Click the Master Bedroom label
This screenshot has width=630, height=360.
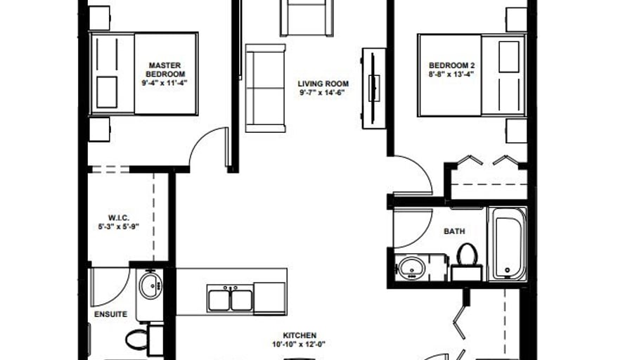(x=165, y=70)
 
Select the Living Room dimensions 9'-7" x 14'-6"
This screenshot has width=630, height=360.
(x=322, y=93)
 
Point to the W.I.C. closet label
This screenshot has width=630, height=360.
(x=119, y=218)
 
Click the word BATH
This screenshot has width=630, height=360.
(x=454, y=231)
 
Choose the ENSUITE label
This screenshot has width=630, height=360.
(x=110, y=314)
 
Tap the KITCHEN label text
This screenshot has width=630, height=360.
(x=300, y=335)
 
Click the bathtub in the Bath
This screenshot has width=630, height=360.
(x=507, y=244)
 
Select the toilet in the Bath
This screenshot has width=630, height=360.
(x=467, y=261)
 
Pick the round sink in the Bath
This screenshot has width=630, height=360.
(x=411, y=267)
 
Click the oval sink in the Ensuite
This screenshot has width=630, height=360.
(x=150, y=285)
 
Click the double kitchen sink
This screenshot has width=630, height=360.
(x=230, y=298)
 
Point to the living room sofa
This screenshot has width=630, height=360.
(x=265, y=88)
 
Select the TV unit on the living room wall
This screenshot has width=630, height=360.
(x=373, y=89)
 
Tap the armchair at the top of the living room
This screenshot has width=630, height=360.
(x=307, y=18)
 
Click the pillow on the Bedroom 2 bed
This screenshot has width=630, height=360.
(x=508, y=57)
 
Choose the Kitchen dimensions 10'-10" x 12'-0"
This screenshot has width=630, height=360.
(x=299, y=344)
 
